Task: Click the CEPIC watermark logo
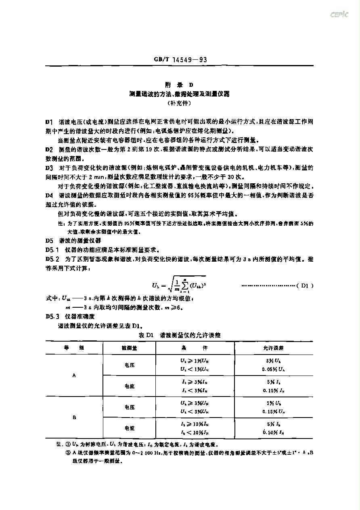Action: click(339, 15)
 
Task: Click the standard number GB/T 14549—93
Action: click(180, 60)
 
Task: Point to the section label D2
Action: click(49, 149)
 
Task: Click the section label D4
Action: click(49, 195)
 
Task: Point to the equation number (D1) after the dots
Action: click(305, 285)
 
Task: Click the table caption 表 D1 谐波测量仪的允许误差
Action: click(180, 335)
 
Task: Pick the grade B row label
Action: click(74, 418)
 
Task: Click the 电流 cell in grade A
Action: click(129, 386)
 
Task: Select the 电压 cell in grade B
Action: click(129, 407)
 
